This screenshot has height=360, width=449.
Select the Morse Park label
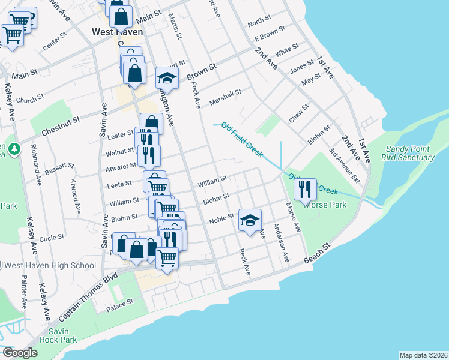(325, 205)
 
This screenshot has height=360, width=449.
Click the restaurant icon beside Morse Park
(305, 190)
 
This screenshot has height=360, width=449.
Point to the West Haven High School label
(50, 265)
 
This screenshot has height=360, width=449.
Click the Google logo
(20, 353)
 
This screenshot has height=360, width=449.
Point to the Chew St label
(298, 113)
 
